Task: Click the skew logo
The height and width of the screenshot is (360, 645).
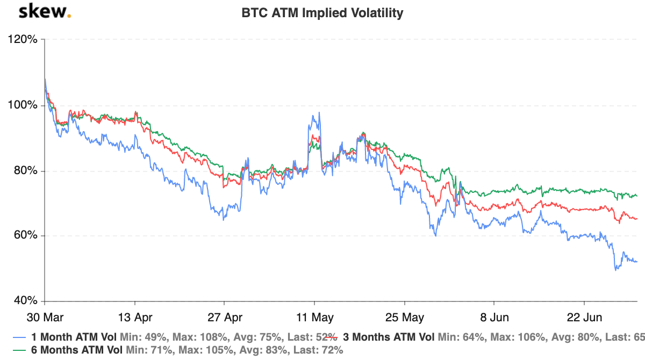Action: click(45, 12)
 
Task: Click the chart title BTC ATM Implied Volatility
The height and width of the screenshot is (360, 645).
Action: click(322, 13)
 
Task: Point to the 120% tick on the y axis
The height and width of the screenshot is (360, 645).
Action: click(22, 40)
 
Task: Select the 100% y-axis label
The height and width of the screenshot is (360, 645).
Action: click(22, 105)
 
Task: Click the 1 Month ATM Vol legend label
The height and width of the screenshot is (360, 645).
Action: click(73, 337)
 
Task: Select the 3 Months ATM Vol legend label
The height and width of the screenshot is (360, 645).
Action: click(389, 337)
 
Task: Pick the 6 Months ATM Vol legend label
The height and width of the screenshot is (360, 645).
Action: click(75, 350)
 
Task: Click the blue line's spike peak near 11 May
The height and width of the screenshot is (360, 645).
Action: click(319, 113)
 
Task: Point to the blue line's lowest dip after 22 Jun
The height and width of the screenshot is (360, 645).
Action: click(616, 269)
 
